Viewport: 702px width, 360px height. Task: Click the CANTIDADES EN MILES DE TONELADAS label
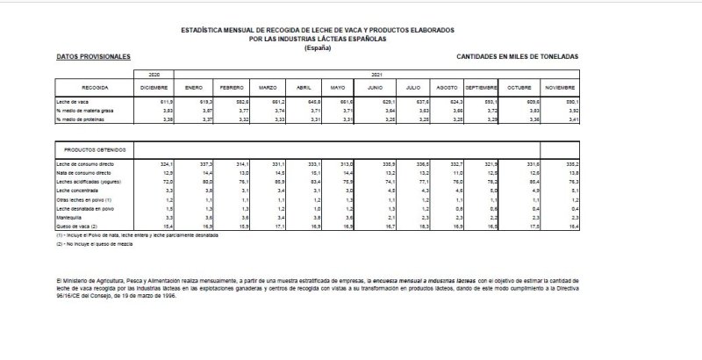tap(519, 55)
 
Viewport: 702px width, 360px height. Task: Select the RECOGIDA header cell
tap(95, 89)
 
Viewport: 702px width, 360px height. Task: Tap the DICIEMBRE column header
tap(154, 89)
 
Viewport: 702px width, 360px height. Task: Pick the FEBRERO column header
tap(232, 89)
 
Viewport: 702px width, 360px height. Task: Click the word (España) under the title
tap(318, 47)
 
